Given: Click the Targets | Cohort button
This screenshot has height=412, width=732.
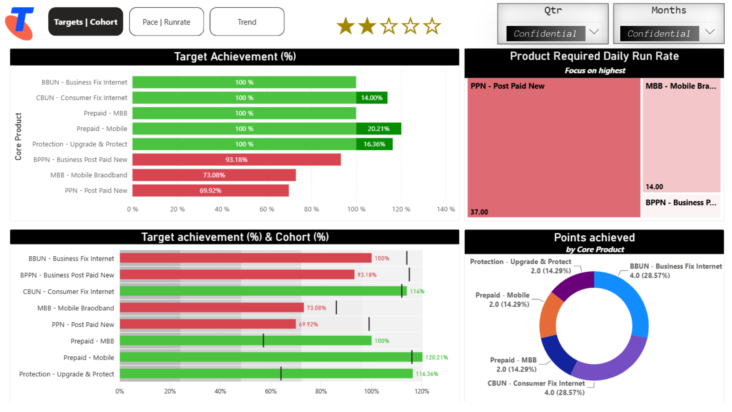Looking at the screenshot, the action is tap(85, 22).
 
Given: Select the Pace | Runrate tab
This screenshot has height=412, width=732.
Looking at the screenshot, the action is tap(166, 22).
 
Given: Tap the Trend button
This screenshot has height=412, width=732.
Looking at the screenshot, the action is tap(247, 22).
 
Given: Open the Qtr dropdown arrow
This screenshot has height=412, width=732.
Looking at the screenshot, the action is tap(594, 32).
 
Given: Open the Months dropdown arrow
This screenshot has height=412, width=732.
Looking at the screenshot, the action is tap(710, 32).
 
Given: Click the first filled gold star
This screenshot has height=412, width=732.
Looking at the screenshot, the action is tap(346, 26).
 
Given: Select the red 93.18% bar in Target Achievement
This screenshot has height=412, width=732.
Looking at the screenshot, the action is tap(236, 159).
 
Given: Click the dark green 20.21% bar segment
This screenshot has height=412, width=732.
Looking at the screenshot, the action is tap(379, 129).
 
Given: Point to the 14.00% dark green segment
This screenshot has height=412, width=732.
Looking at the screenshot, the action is tap(372, 98).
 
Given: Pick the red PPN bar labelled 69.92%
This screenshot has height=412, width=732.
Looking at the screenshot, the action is tap(210, 190).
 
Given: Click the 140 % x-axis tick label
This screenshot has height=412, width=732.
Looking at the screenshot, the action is tap(446, 209).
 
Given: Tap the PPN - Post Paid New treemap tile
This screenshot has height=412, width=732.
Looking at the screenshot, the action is tap(554, 148).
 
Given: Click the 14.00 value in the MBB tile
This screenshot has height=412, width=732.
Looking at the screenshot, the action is tap(654, 187).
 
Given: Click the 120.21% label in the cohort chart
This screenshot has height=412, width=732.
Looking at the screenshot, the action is tap(437, 357).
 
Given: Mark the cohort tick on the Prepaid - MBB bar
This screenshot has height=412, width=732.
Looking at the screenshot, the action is tap(263, 341).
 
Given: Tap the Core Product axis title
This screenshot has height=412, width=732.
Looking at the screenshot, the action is tap(18, 136).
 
